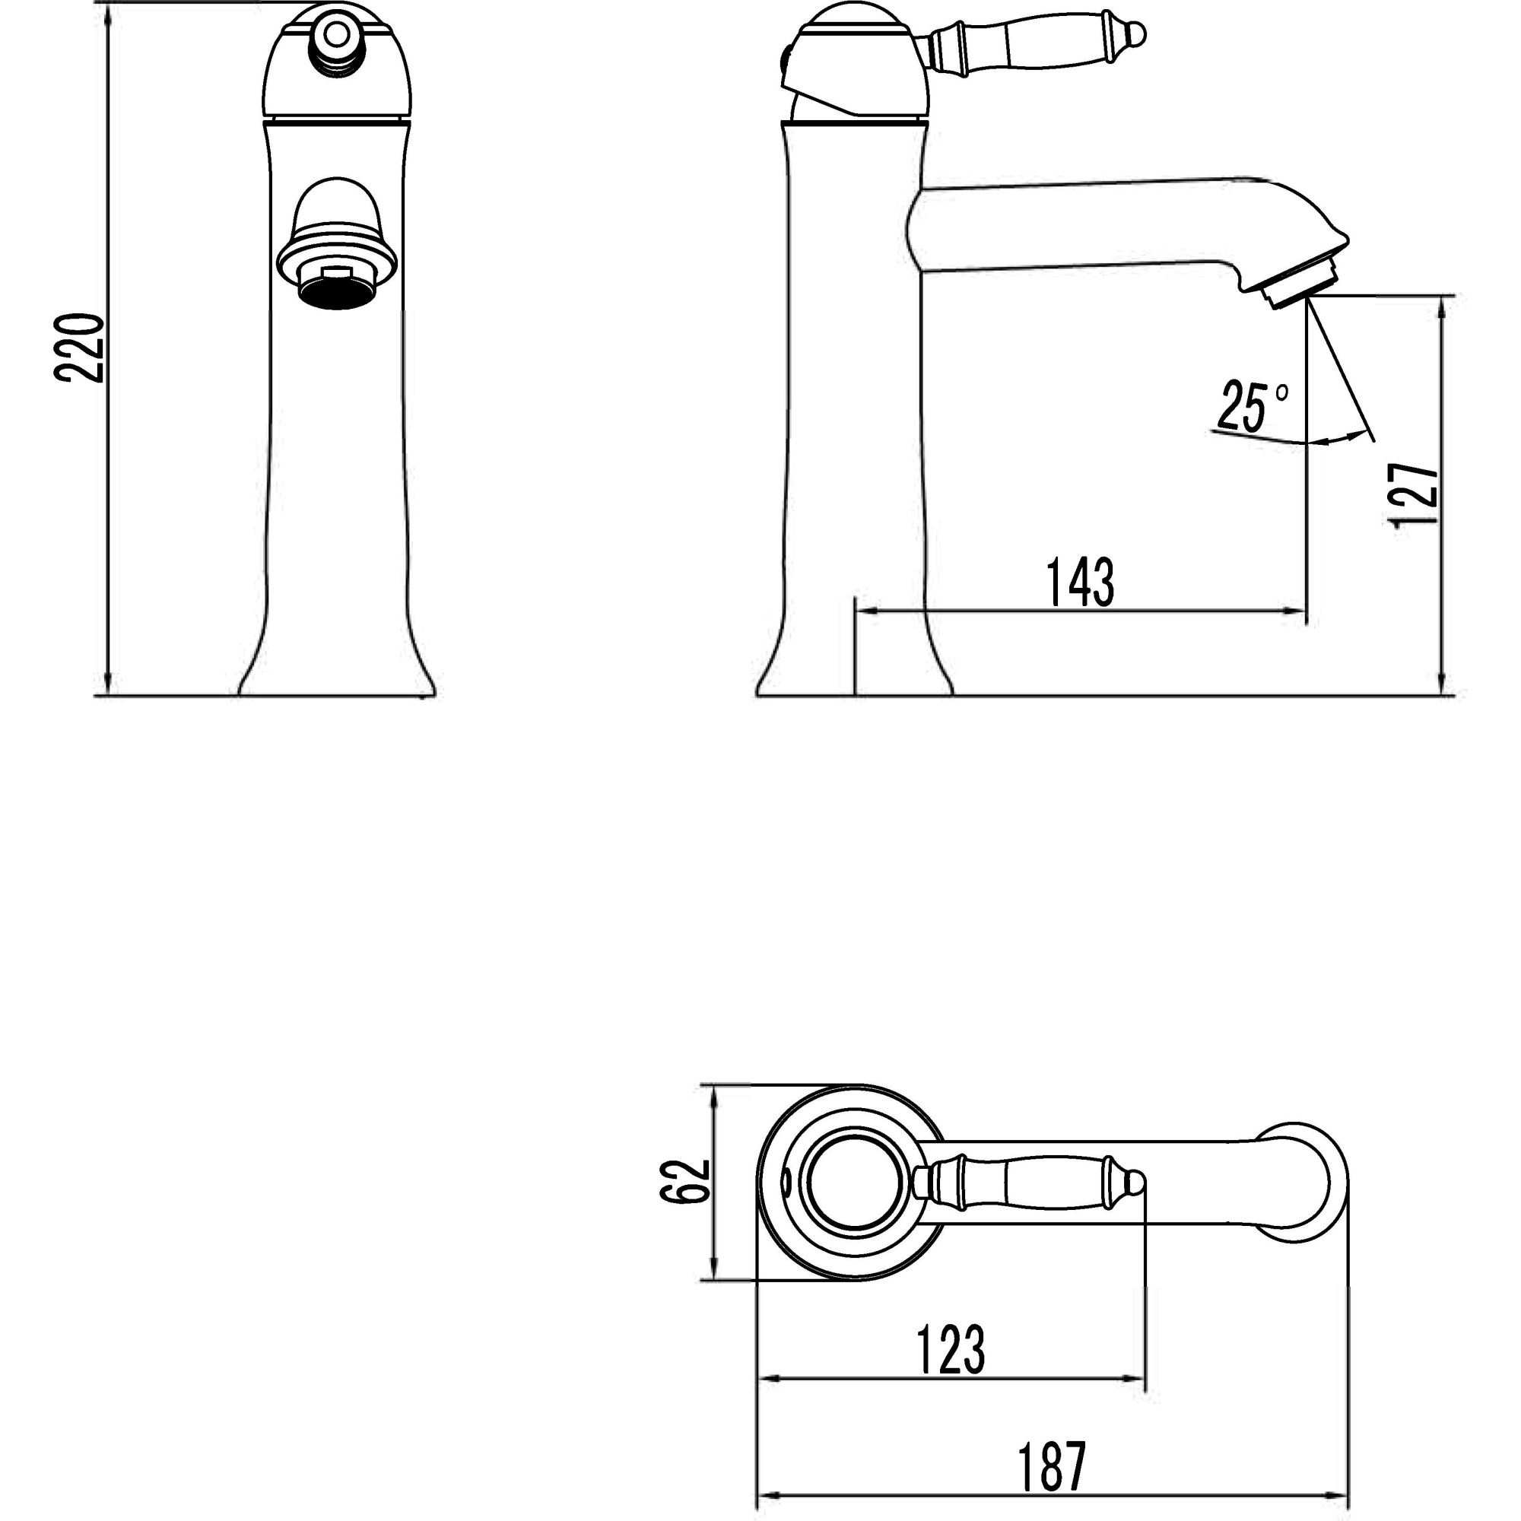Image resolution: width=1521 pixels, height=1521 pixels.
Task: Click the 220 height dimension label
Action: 79,348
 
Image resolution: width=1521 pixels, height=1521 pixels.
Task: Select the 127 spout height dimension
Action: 1415,494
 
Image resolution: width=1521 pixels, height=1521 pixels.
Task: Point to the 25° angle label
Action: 1252,407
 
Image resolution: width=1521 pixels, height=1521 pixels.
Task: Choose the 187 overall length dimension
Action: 1053,1465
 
